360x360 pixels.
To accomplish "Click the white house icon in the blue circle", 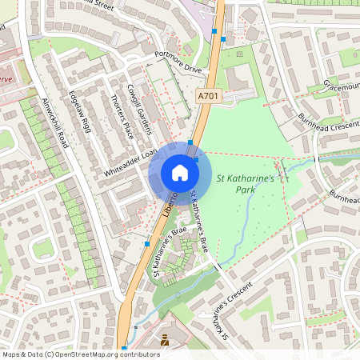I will coord(179,172).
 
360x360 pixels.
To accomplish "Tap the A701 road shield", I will coord(209,96).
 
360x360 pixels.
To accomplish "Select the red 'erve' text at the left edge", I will coord(7,80).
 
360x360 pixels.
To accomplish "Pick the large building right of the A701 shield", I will coord(241,79).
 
